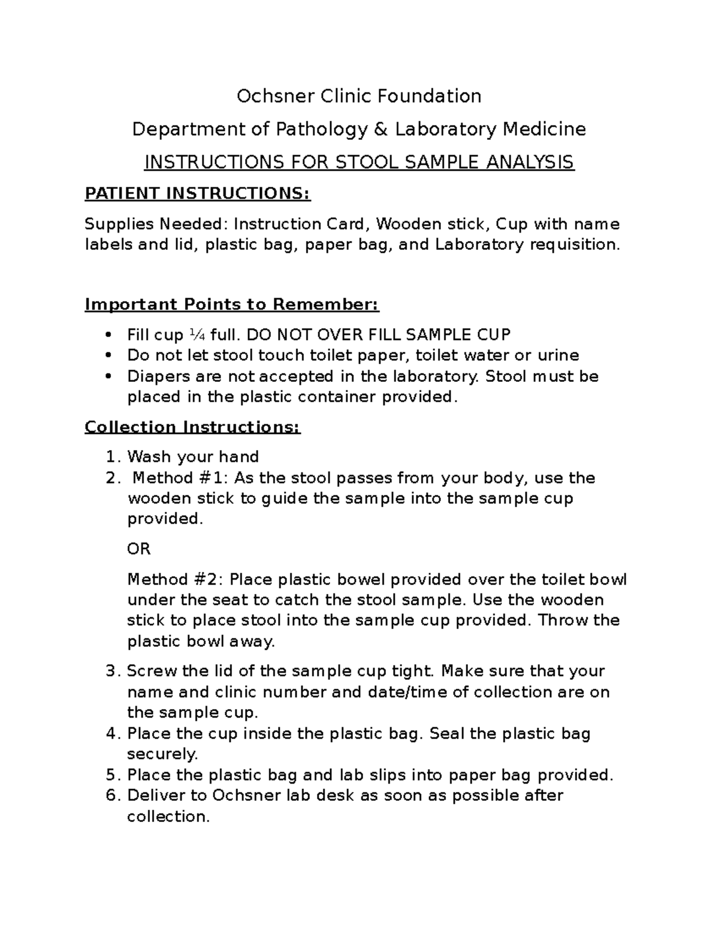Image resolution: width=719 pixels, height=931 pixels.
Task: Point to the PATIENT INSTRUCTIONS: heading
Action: (198, 194)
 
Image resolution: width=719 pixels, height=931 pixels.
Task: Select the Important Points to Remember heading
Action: (232, 305)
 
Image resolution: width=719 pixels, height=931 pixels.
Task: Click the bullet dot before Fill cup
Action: (108, 335)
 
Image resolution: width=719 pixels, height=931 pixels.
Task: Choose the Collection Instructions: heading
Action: (192, 427)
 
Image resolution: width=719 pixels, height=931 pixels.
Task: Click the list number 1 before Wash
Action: (110, 457)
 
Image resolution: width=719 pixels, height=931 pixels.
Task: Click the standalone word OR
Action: (138, 549)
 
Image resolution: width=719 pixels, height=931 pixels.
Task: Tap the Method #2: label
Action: (176, 580)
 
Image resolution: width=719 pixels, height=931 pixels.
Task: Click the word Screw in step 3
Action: (152, 671)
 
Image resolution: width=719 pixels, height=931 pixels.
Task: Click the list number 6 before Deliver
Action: (110, 796)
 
